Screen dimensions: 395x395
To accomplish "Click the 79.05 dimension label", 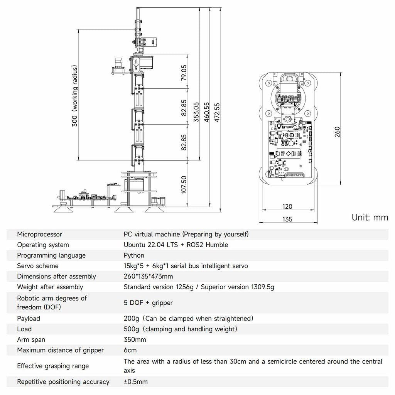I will tap(184, 72).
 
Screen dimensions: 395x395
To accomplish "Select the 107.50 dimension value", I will tap(184, 185).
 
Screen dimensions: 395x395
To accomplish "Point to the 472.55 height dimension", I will tap(217, 112).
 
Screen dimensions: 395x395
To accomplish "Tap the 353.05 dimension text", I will tap(196, 112).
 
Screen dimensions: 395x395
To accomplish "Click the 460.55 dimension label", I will tap(207, 112).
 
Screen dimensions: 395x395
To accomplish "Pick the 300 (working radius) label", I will tap(75, 96).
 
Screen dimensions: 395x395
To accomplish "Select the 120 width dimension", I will tap(287, 207).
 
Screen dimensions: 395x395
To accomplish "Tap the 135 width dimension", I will tap(287, 219).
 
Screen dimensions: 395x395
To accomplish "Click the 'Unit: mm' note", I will tap(370, 217).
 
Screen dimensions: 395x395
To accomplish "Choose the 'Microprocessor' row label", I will tap(39, 234).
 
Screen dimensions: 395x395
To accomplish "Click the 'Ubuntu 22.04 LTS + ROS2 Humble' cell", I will tap(176, 245).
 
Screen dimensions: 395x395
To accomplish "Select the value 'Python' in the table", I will tap(134, 255).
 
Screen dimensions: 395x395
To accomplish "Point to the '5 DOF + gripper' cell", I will tap(148, 303).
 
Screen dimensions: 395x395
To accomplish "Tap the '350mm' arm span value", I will tap(135, 339).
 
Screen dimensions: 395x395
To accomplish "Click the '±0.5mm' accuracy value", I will tap(135, 382).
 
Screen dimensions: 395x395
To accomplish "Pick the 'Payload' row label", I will tap(29, 319).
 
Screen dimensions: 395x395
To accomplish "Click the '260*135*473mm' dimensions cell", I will tap(148, 277).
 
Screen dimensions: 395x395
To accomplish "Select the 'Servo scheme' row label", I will tap(38, 266).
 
